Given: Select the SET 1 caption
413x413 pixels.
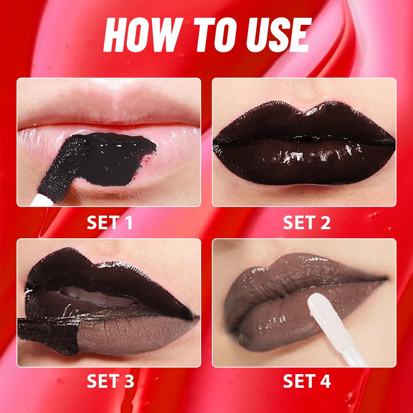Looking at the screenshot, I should coord(109,223).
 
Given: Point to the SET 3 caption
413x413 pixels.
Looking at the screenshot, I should coord(109,381).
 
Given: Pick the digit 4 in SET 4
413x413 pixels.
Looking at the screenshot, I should coord(325,381).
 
